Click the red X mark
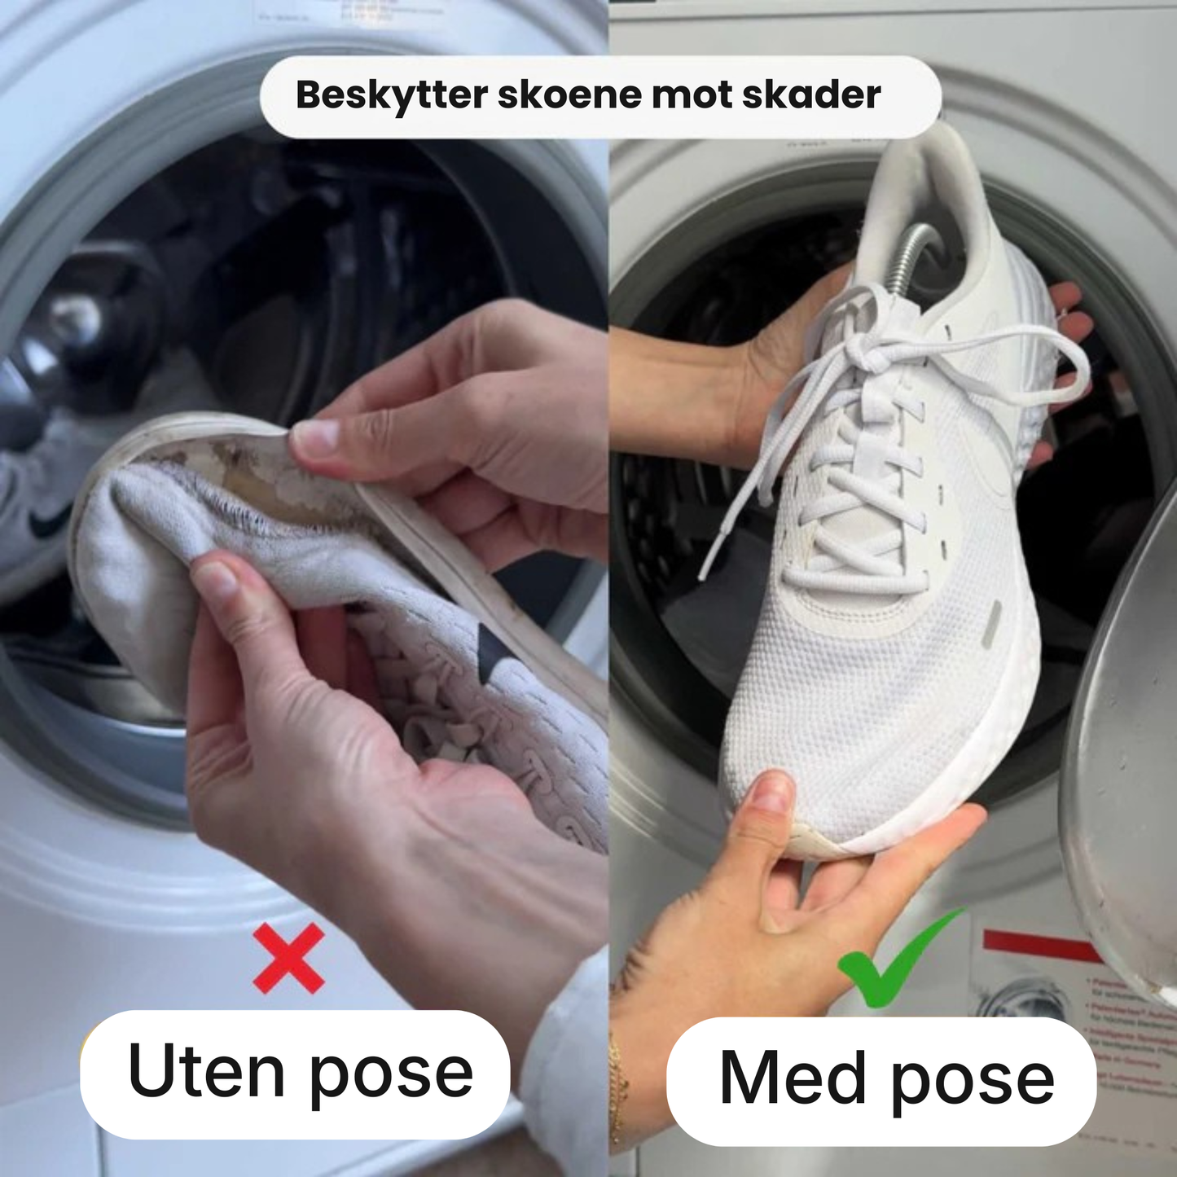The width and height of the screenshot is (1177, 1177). (288, 958)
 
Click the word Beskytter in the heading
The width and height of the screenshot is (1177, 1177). (391, 95)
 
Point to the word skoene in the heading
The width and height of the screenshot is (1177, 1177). (568, 94)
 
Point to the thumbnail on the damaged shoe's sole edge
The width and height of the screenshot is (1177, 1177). (314, 437)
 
